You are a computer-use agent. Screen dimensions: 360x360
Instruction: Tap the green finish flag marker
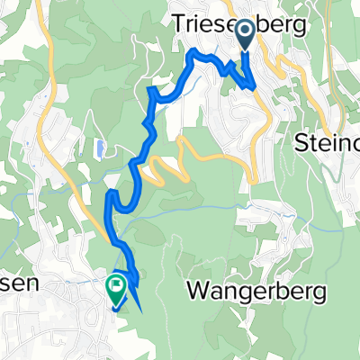click(115, 287)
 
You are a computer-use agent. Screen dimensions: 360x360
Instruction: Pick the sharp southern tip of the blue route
click(141, 310)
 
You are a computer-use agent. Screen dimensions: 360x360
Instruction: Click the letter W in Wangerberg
click(196, 291)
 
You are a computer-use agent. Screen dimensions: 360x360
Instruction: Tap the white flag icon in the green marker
click(115, 285)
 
